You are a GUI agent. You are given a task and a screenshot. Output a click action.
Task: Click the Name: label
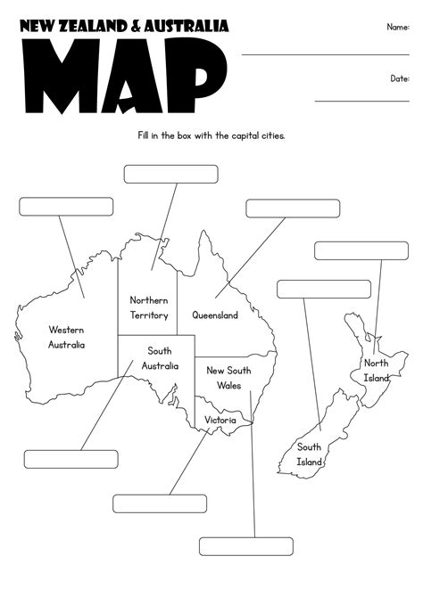point(398,27)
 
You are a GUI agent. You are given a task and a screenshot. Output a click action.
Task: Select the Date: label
point(399,78)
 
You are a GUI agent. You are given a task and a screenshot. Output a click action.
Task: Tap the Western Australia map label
point(67,336)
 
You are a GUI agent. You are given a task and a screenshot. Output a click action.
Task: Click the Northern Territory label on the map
point(148,307)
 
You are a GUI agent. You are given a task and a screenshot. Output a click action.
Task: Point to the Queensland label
point(215,315)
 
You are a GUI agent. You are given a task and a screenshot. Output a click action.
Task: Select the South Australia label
point(160,358)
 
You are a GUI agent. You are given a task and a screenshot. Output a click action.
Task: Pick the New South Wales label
point(228,378)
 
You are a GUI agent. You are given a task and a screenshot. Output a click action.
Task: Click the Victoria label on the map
point(220,419)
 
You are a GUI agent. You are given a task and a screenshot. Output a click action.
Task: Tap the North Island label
point(376,371)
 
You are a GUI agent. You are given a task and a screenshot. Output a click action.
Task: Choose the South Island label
point(309,454)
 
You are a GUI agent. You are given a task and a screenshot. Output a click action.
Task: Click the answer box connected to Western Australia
point(66,207)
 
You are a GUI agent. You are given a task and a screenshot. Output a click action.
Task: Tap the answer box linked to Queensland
point(293,209)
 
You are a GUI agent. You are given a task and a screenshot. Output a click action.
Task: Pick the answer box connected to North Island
point(361,250)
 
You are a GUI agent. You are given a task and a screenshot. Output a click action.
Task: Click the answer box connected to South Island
point(323,289)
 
